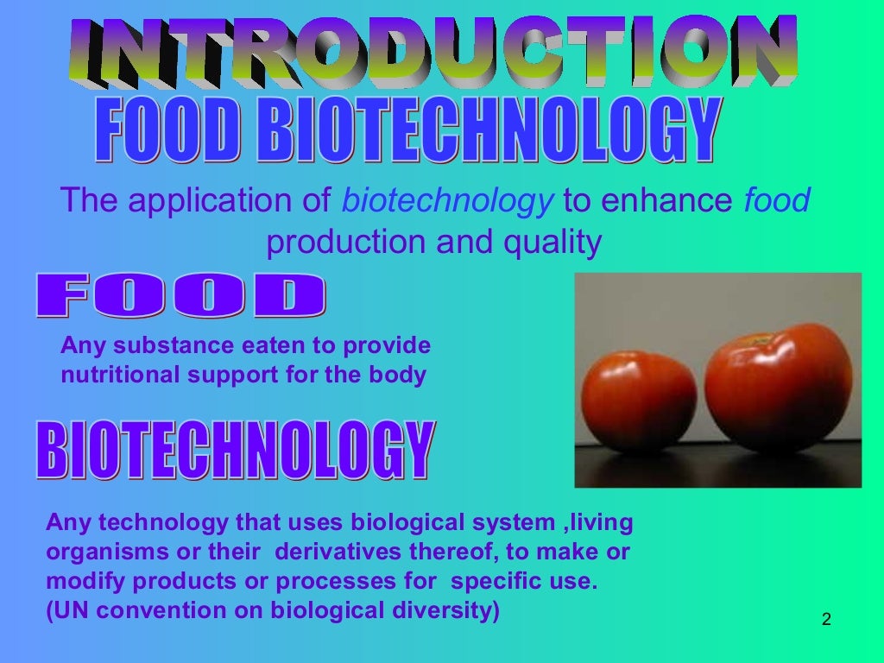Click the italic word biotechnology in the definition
pyautogui.click(x=447, y=202)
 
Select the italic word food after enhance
pyautogui.click(x=777, y=202)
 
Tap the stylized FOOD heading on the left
pyautogui.click(x=180, y=296)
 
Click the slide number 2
pyautogui.click(x=826, y=619)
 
